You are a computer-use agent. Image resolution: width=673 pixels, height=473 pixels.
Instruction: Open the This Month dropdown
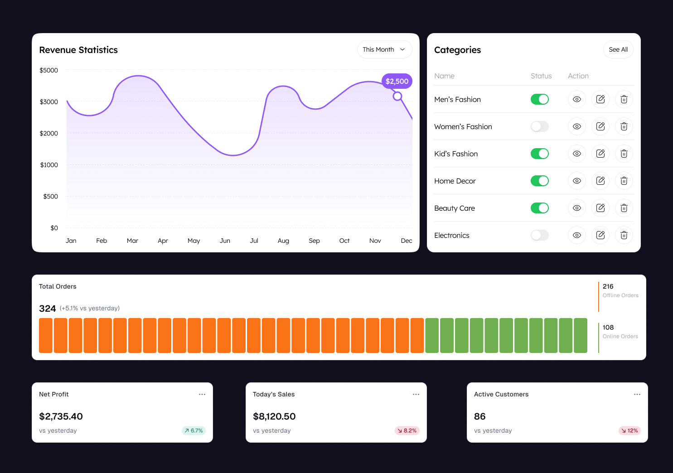click(x=384, y=49)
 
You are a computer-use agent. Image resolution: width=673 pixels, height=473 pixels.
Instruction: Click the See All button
click(x=618, y=49)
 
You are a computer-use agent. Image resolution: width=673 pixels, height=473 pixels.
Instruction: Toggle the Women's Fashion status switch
click(x=539, y=126)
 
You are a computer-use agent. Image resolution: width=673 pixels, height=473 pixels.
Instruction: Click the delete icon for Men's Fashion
click(x=624, y=99)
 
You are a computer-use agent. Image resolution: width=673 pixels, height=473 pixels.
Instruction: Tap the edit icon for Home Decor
click(x=600, y=181)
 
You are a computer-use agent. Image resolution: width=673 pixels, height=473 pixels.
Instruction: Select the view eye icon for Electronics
click(x=576, y=235)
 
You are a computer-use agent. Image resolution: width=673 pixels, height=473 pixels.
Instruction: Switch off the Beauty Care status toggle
click(x=539, y=208)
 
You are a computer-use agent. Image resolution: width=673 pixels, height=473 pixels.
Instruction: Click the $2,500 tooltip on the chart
click(x=397, y=81)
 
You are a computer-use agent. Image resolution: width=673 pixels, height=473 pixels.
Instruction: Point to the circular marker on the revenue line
click(x=397, y=96)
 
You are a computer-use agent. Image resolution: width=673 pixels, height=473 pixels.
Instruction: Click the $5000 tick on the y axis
click(x=49, y=70)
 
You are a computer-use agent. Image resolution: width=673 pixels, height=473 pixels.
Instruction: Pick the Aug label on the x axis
click(x=283, y=241)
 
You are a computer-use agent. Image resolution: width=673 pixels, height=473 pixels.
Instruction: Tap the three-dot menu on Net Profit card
click(x=202, y=394)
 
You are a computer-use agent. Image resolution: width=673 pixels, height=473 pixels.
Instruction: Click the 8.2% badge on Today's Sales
click(x=407, y=430)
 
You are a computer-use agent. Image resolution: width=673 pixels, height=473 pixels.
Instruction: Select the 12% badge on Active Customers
click(x=629, y=430)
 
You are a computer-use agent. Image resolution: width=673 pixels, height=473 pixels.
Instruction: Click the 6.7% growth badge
click(x=194, y=430)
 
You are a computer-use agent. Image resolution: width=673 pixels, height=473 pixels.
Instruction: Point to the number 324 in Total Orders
click(x=48, y=309)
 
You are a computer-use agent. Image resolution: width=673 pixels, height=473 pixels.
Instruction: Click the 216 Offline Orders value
click(x=608, y=286)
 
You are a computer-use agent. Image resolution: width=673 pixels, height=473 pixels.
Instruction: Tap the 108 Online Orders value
click(x=608, y=327)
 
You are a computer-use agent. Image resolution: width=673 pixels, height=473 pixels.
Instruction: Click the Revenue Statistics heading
click(x=78, y=50)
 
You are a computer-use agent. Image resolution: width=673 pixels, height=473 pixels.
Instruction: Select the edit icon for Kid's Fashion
click(x=600, y=154)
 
